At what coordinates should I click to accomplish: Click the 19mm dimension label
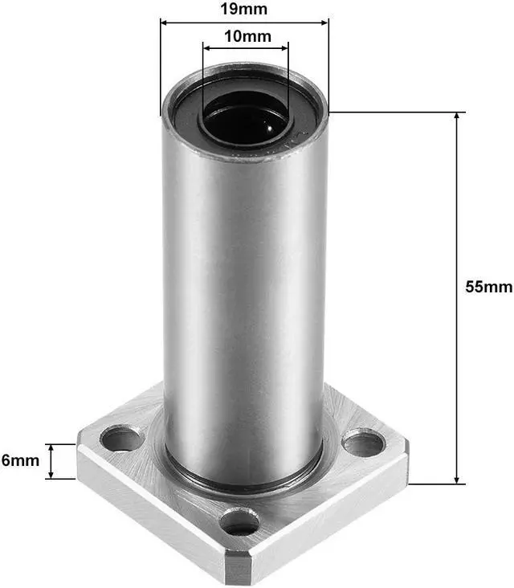[244, 10]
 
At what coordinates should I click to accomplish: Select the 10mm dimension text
[247, 36]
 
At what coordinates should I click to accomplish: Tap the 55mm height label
[488, 287]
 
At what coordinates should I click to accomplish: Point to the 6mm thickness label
[19, 460]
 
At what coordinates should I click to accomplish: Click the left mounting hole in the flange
[120, 439]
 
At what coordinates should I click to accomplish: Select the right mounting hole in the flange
[364, 443]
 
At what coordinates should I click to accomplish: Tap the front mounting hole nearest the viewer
[240, 523]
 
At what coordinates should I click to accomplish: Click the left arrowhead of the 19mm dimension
[165, 23]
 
